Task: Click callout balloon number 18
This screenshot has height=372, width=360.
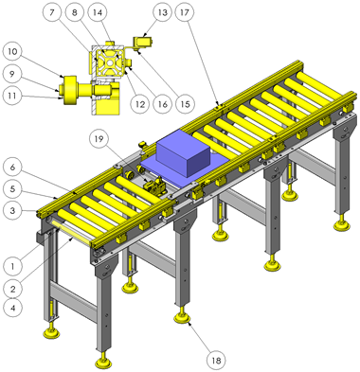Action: click(x=216, y=360)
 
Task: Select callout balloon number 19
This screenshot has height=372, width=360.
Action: click(x=99, y=138)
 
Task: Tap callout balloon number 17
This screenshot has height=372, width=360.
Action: click(x=185, y=12)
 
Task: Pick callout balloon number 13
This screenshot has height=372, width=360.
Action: click(x=162, y=12)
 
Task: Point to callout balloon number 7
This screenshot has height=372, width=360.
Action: click(x=52, y=12)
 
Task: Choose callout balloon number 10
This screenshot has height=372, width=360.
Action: click(x=12, y=51)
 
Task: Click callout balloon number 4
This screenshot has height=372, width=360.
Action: click(x=12, y=308)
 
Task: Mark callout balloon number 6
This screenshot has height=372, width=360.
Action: click(x=12, y=167)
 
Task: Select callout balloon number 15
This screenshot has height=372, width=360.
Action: click(x=185, y=104)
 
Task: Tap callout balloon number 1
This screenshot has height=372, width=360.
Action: click(x=12, y=267)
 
